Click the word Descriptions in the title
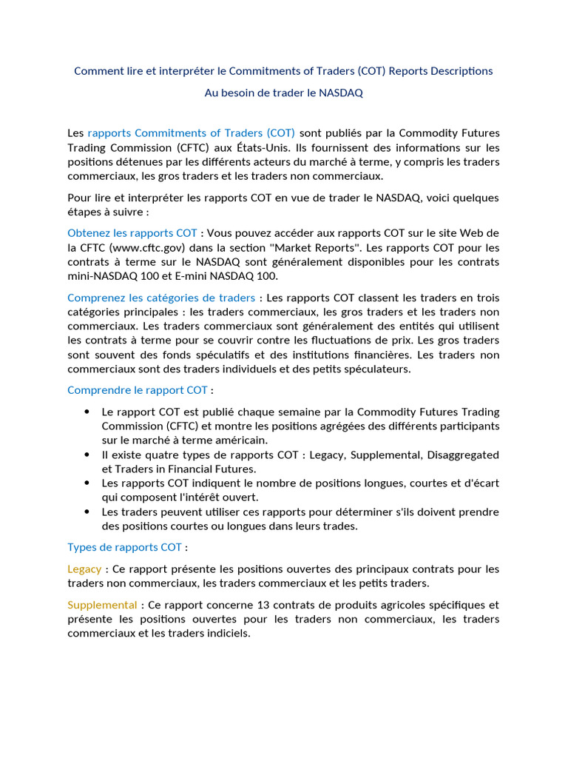click(458, 71)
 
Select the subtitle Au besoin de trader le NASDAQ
click(284, 93)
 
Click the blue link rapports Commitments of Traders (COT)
click(191, 133)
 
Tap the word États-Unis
click(266, 147)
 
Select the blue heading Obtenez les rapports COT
click(132, 233)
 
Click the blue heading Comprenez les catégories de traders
click(161, 298)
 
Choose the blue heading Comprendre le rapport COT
click(138, 390)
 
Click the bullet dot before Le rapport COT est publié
click(87, 412)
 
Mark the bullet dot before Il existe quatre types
click(87, 455)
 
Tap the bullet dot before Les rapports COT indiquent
click(87, 483)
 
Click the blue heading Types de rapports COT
click(124, 548)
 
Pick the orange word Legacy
click(84, 569)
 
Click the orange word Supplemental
click(102, 605)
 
